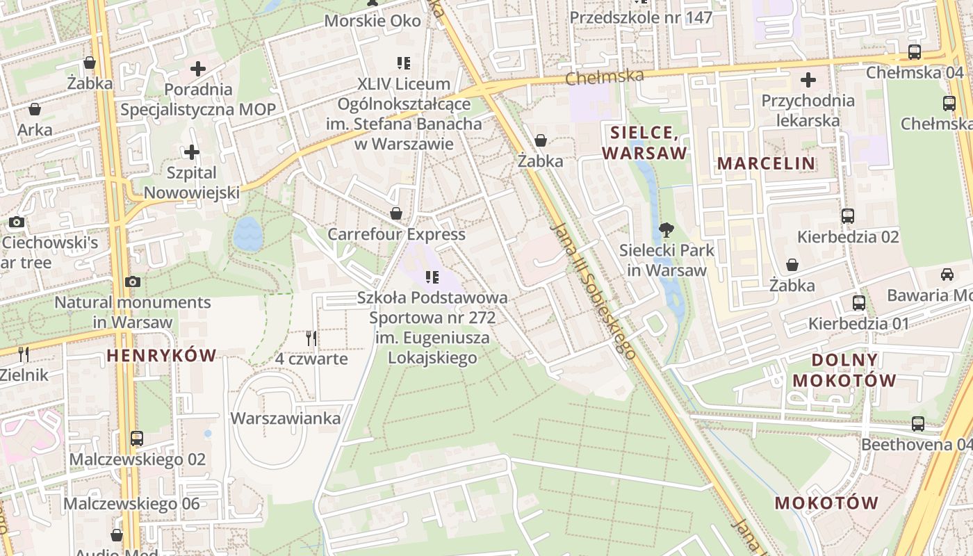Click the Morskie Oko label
373,21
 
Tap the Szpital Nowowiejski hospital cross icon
192,152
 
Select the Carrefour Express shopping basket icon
396,213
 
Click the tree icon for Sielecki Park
666,229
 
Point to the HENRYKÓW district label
161,356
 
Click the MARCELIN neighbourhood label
766,163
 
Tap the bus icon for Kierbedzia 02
847,216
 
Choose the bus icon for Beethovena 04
917,423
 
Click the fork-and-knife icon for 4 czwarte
311,338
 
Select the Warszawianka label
286,418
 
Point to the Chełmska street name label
605,76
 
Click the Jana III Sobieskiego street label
592,291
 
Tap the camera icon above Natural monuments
133,281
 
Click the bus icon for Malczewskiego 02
137,439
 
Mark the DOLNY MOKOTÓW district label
844,370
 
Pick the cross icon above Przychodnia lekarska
808,80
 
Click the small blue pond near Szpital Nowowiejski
247,234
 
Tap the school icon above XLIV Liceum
404,63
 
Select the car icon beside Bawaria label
947,275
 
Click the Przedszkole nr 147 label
641,17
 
